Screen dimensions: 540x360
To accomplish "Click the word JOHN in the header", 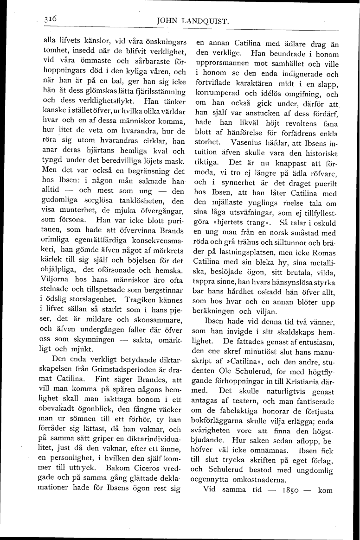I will (169, 21).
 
